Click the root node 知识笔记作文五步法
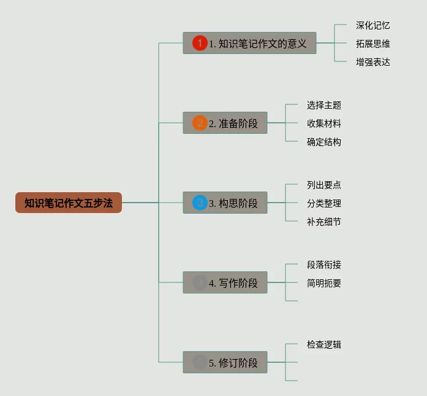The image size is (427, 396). click(x=69, y=203)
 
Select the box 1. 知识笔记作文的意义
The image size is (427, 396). click(x=249, y=43)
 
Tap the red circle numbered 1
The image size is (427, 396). click(x=200, y=43)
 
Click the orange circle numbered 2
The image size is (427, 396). click(x=200, y=123)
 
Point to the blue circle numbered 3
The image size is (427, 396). click(x=200, y=203)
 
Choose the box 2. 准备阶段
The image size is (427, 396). click(x=225, y=123)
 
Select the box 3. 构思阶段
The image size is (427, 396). click(x=225, y=203)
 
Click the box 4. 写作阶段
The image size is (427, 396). click(x=225, y=282)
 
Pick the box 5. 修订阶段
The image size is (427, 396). click(x=225, y=362)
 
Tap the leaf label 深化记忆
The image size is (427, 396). click(x=372, y=25)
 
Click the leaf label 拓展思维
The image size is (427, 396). click(x=372, y=44)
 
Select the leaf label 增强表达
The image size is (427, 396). click(x=372, y=62)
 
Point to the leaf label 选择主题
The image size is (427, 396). click(x=323, y=105)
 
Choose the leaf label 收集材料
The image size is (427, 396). click(x=323, y=123)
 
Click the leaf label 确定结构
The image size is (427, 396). click(x=323, y=142)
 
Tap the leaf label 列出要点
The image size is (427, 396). click(x=323, y=185)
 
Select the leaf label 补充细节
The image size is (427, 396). click(x=323, y=222)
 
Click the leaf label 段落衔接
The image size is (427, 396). click(x=323, y=265)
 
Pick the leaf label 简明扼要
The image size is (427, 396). click(x=323, y=283)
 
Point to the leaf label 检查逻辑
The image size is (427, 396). click(x=323, y=344)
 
